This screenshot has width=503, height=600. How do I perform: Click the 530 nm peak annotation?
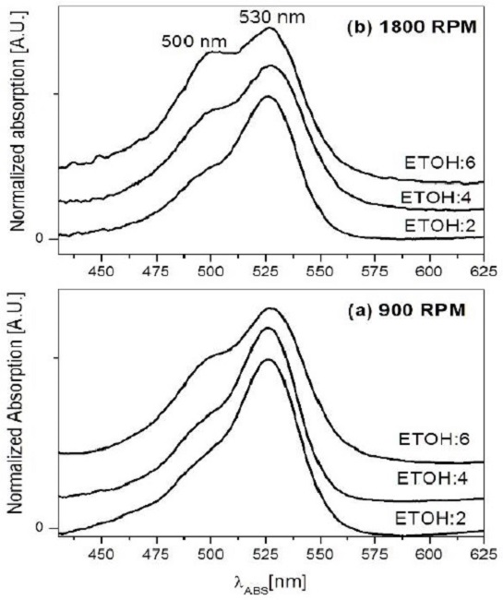point(268,17)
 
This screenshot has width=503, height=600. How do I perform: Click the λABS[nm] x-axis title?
point(269,582)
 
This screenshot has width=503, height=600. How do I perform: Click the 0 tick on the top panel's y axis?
point(40,239)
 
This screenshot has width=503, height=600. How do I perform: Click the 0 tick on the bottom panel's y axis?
point(40,528)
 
